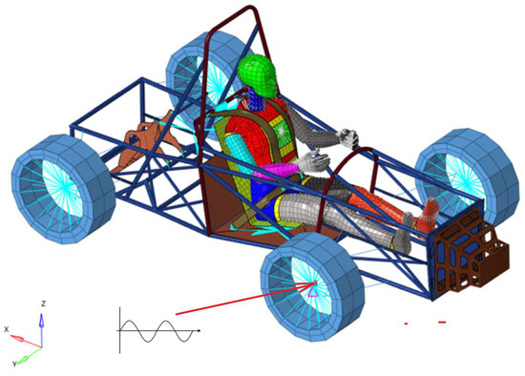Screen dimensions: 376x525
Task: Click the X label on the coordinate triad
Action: [7, 330]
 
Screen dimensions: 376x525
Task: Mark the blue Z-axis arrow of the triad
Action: [41, 325]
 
